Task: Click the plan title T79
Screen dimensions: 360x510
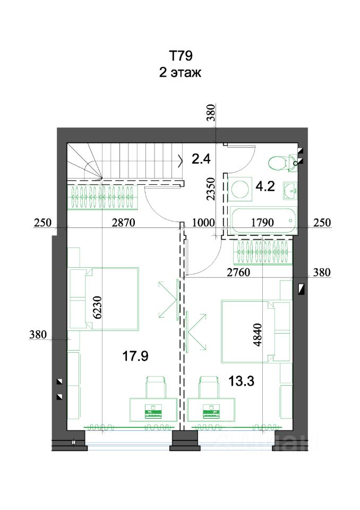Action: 181,56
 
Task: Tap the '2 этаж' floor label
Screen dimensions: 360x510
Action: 180,72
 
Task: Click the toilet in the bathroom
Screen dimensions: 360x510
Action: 279,162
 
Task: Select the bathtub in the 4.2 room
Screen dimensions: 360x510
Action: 263,220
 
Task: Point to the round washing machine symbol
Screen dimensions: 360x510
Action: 240,189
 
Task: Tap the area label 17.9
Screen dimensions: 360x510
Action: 135,356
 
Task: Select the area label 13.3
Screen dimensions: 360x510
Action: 241,380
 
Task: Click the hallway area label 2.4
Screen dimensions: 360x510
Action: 201,159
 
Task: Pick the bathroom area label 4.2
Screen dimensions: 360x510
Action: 265,186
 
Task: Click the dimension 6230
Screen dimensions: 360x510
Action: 98,308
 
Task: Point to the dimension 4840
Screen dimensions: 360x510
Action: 257,335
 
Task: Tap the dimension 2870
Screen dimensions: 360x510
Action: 123,223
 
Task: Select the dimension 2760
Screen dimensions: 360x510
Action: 238,272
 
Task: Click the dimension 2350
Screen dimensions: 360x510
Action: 211,189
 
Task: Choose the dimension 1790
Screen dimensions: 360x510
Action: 262,223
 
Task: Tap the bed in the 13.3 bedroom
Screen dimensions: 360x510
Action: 255,331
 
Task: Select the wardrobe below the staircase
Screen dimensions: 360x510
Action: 103,197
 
